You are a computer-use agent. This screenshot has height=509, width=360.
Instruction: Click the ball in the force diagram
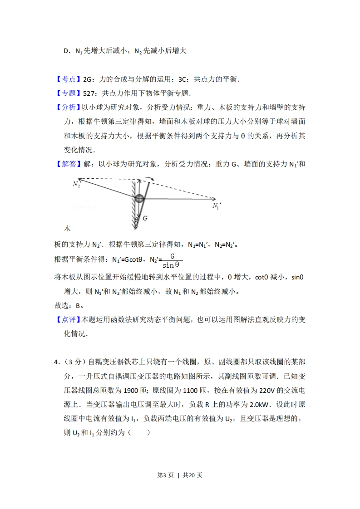pos(139,198)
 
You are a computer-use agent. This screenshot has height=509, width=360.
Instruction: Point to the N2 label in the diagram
pos(76,184)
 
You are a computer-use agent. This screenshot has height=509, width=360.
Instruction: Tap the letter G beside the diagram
pos(145,218)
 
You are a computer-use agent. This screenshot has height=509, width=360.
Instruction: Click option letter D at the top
pos(66,51)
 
